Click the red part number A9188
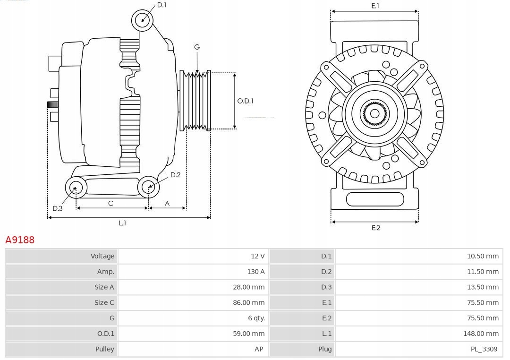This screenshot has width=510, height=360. pyautogui.click(x=20, y=240)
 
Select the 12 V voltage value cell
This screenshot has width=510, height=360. pyautogui.click(x=257, y=256)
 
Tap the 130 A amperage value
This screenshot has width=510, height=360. pyautogui.click(x=255, y=272)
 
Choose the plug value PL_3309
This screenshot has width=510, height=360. pyautogui.click(x=484, y=350)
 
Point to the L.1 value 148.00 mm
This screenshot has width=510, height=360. pyautogui.click(x=481, y=334)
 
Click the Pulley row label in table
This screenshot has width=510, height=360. pyautogui.click(x=104, y=349)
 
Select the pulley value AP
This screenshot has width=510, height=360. pyautogui.click(x=260, y=350)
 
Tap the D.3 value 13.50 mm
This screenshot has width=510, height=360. pyautogui.click(x=483, y=287)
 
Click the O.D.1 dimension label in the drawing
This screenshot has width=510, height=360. pyautogui.click(x=245, y=101)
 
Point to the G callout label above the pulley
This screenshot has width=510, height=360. pyautogui.click(x=197, y=47)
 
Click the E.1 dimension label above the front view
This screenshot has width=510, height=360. pyautogui.click(x=375, y=6)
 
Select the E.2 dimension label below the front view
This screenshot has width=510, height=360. pyautogui.click(x=375, y=228)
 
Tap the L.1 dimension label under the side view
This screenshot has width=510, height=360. pyautogui.click(x=122, y=223)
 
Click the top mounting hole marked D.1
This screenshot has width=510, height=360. pyautogui.click(x=142, y=20)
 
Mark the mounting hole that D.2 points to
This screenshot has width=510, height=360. pyautogui.click(x=148, y=187)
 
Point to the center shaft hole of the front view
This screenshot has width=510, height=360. pyautogui.click(x=374, y=113)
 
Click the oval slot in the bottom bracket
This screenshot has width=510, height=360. pyautogui.click(x=375, y=199)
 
